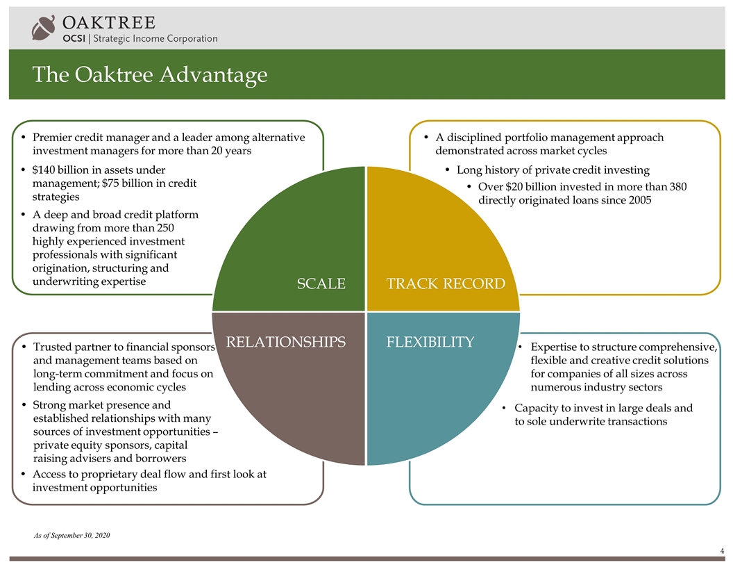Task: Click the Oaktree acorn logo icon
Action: pos(43,28)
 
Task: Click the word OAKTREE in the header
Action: pos(109,22)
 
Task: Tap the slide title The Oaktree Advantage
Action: pos(150,75)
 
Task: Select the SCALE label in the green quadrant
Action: pos(321,283)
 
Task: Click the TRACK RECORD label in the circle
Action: pos(446,283)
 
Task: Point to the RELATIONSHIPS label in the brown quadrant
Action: pos(285,342)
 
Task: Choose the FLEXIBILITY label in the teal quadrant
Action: pos(430,342)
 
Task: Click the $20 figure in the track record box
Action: pos(514,187)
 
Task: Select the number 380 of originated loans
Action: pos(678,187)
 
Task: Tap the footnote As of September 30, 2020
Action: pos(71,535)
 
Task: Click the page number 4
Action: pos(723,551)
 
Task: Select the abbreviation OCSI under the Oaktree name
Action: pos(74,38)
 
